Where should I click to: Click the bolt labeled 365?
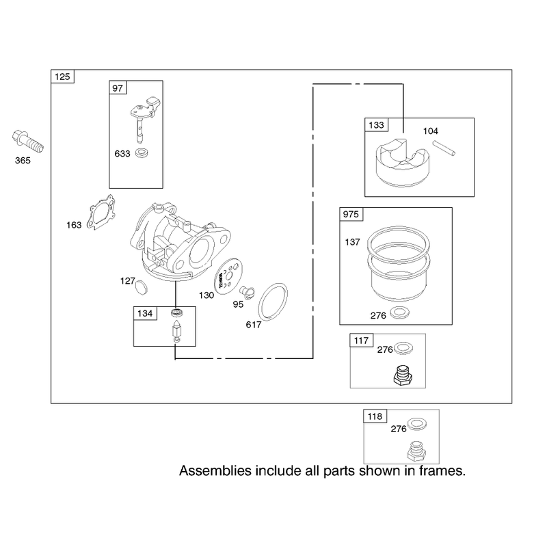click(x=28, y=142)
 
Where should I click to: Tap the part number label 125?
click(x=62, y=77)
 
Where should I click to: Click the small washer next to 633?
click(x=142, y=152)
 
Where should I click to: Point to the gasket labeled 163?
click(x=101, y=213)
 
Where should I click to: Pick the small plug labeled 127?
click(x=141, y=286)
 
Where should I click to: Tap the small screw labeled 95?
click(x=248, y=293)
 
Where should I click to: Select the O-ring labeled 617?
click(x=273, y=302)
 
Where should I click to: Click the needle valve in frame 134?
click(x=177, y=331)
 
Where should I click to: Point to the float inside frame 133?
click(x=402, y=162)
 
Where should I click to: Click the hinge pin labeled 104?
click(x=444, y=148)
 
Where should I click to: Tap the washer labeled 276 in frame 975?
click(x=400, y=313)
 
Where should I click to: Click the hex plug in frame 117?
click(x=403, y=375)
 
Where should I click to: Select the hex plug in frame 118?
click(x=416, y=451)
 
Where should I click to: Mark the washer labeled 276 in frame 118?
click(x=417, y=423)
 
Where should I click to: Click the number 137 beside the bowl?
click(x=352, y=242)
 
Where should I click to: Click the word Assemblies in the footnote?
click(x=215, y=471)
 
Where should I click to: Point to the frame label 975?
click(x=351, y=214)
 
